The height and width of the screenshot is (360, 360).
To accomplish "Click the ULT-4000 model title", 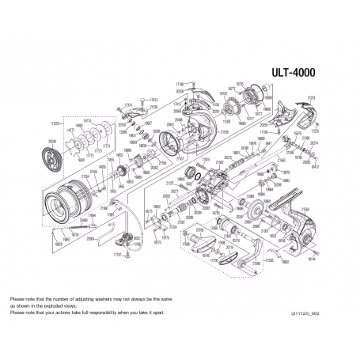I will pyautogui.click(x=294, y=71).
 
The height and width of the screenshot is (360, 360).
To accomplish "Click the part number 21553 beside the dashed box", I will pyautogui.click(x=55, y=123).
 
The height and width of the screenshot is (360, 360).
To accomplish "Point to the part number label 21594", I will pyautogui.click(x=153, y=106).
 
